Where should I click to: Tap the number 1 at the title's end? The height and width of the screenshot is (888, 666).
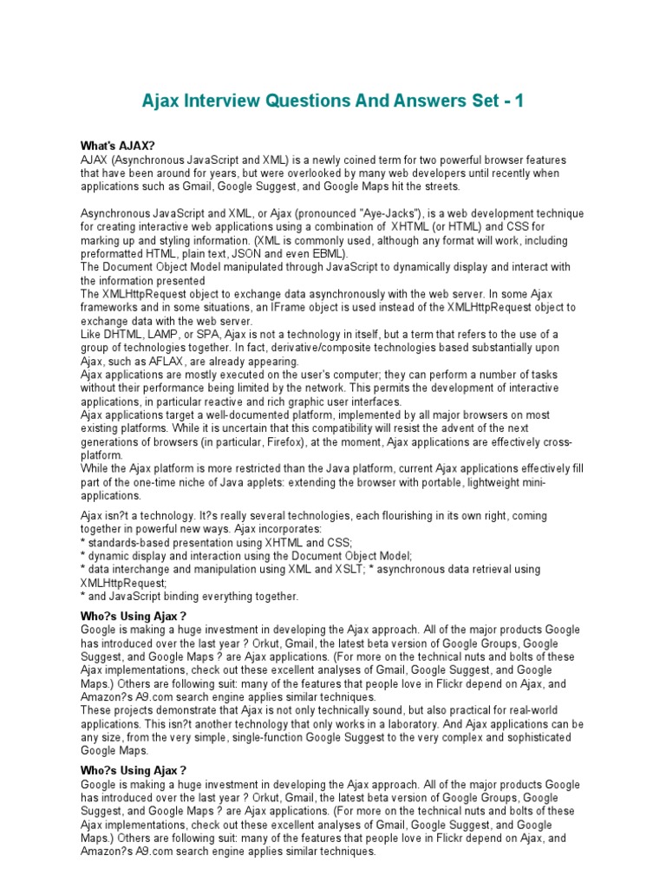[x=519, y=101]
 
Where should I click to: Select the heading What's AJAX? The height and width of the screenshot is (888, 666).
[x=117, y=147]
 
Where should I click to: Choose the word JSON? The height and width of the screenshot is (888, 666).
[x=253, y=254]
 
